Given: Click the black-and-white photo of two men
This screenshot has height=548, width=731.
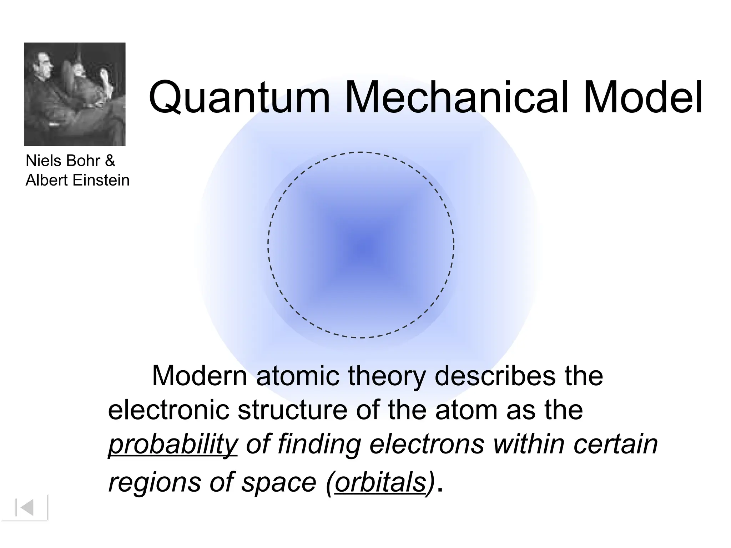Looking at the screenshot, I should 75,94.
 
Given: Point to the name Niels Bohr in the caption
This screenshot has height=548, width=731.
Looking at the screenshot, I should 63,161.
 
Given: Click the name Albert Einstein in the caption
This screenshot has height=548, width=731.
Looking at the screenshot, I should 77,180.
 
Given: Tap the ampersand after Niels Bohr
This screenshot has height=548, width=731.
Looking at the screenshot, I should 110,161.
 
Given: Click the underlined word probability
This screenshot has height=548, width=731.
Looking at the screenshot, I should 173,445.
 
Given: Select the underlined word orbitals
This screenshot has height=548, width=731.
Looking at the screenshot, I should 380,482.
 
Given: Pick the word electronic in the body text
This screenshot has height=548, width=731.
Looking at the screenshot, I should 168,410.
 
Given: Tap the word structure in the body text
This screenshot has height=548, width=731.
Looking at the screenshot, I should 292,410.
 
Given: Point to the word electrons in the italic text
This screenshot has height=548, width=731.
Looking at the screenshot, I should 427,444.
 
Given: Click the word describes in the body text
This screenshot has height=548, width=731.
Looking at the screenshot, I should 495,376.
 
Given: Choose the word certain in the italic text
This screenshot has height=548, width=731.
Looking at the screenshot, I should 615,444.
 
